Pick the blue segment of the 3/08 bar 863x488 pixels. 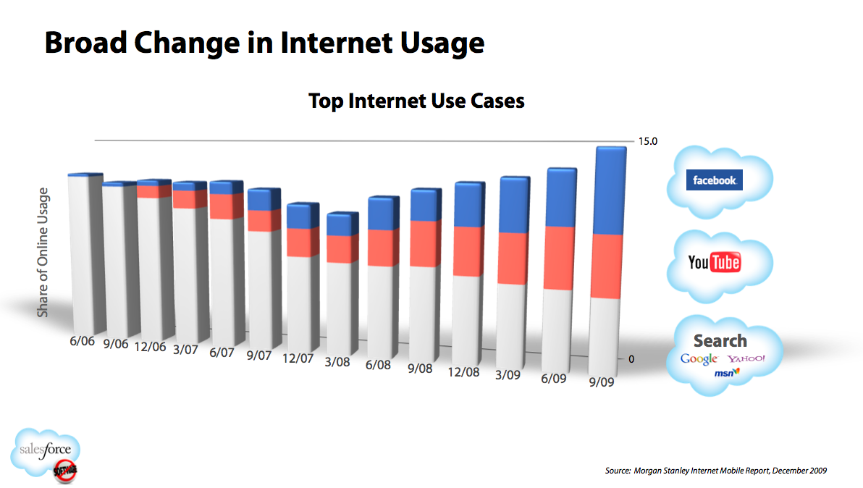pyautogui.click(x=340, y=224)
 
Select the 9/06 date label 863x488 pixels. pyautogui.click(x=115, y=343)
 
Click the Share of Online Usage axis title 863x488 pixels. pyautogui.click(x=43, y=252)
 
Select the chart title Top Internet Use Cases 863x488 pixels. pyautogui.click(x=416, y=101)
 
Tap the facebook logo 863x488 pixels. pyautogui.click(x=714, y=180)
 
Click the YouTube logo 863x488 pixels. pyautogui.click(x=714, y=262)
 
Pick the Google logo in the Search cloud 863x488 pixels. pyautogui.click(x=699, y=359)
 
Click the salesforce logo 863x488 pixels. pyautogui.click(x=46, y=452)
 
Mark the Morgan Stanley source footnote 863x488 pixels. pyautogui.click(x=715, y=471)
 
